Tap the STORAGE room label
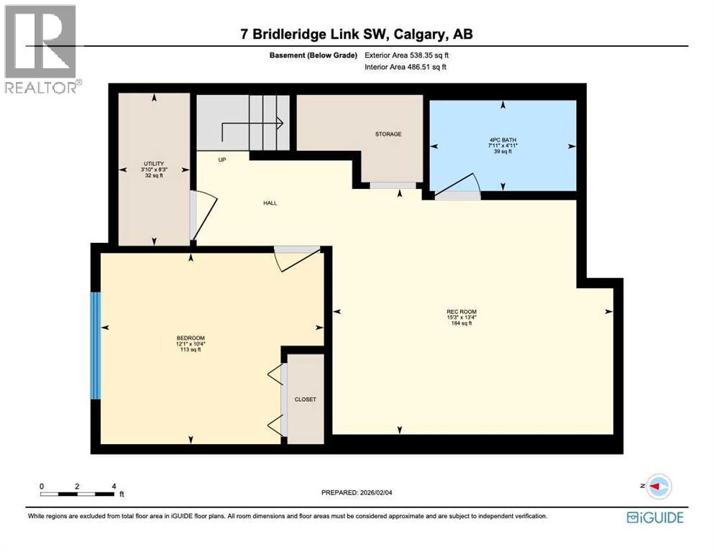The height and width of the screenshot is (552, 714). (388, 134)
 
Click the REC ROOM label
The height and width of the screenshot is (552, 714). (461, 312)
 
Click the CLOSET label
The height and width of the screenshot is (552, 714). (305, 400)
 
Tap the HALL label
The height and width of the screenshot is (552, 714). (270, 203)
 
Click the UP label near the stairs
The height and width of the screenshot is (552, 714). (223, 160)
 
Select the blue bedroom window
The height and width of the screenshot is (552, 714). (95, 345)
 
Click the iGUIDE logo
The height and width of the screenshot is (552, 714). (655, 517)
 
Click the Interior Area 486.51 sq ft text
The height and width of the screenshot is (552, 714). (406, 67)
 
